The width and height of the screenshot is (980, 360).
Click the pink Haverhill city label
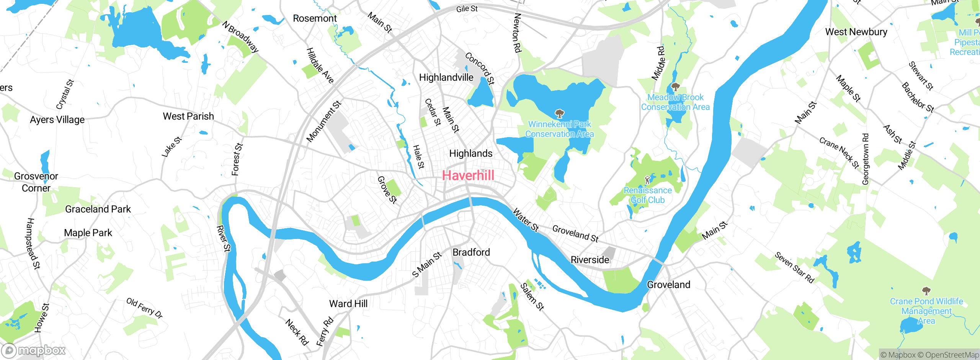click(x=468, y=175)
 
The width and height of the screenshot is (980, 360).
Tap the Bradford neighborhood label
click(x=471, y=252)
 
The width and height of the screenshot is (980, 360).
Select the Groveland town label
click(x=668, y=285)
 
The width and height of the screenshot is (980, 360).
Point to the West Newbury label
click(x=856, y=32)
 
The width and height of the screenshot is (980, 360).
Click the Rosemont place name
click(x=315, y=18)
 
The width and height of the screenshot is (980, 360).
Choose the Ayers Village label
click(x=57, y=120)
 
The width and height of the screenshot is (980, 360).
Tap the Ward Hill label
click(x=348, y=304)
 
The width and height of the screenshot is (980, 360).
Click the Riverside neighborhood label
click(x=590, y=260)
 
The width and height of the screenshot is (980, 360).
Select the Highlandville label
click(x=446, y=77)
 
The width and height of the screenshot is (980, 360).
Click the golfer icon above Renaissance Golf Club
click(x=647, y=180)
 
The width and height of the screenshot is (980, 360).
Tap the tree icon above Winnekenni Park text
click(x=560, y=113)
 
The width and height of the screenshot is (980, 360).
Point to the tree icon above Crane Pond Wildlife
click(x=926, y=291)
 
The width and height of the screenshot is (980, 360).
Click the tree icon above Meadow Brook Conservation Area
click(x=675, y=87)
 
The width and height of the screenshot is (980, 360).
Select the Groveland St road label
click(x=575, y=233)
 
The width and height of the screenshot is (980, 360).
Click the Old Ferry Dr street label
click(x=144, y=308)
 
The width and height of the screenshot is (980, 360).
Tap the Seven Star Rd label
click(x=794, y=267)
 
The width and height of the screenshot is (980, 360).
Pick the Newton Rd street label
click(x=517, y=33)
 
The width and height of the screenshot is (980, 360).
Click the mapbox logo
click(x=34, y=350)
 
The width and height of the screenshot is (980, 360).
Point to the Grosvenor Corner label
click(x=36, y=182)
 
